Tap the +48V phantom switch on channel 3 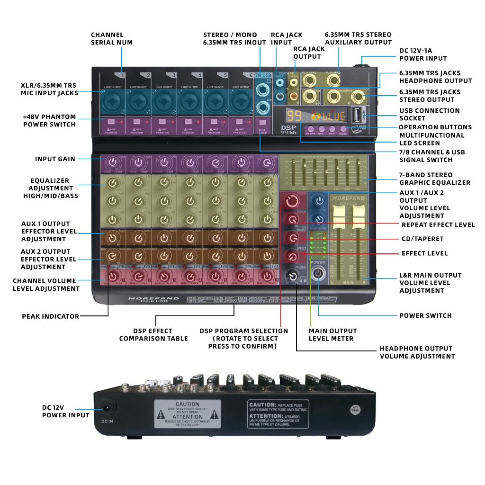pos(164,123)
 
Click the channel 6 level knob pos(242,276)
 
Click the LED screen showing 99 pos(294,116)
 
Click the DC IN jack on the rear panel pos(107,408)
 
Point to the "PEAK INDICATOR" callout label pos(51,316)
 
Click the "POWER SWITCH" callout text pos(425,315)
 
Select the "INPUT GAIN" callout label pos(55,159)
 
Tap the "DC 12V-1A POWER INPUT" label pos(423,54)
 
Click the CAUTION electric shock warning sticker pos(188,413)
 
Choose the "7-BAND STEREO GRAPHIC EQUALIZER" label pos(434,179)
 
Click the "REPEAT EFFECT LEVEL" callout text pos(438,225)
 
